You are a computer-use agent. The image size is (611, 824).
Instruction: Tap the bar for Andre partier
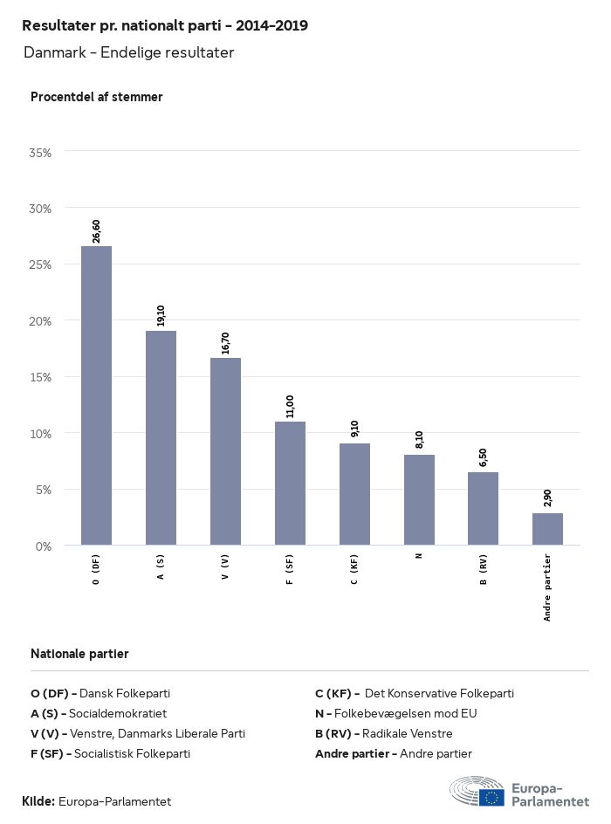click(x=547, y=529)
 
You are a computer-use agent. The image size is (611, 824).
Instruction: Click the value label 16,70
click(x=225, y=341)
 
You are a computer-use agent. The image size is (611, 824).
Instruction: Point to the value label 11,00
click(x=290, y=406)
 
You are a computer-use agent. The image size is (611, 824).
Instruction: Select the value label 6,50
click(x=483, y=457)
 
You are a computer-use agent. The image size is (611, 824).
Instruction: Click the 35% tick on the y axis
click(x=40, y=153)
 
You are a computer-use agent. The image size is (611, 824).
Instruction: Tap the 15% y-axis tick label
click(x=40, y=377)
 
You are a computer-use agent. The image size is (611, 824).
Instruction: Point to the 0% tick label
click(x=44, y=546)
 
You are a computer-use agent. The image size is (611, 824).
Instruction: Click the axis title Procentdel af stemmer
click(x=96, y=97)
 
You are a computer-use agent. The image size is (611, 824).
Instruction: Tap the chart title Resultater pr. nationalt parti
click(x=164, y=26)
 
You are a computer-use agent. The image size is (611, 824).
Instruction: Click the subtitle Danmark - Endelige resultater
click(x=128, y=53)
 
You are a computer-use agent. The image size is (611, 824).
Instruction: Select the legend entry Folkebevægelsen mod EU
click(x=395, y=713)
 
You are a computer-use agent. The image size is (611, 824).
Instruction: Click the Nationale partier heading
click(x=79, y=654)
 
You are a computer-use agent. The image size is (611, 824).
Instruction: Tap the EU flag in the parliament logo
click(x=491, y=796)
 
